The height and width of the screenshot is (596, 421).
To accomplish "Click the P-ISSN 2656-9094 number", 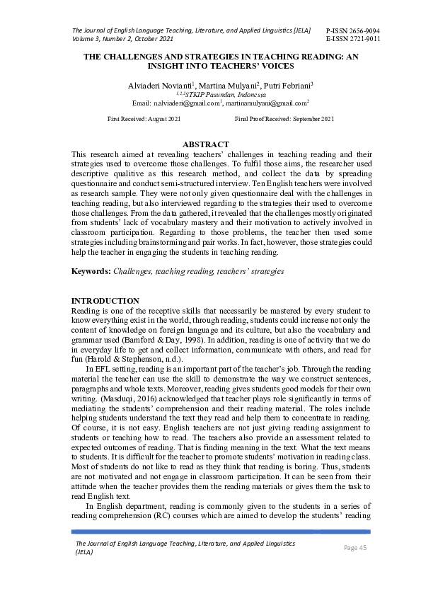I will point(352,31).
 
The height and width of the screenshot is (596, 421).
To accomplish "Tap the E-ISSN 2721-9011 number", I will point(352,40).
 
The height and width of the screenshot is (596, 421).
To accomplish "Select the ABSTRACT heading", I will point(206,144).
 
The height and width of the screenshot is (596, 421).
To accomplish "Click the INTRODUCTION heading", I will point(105,301).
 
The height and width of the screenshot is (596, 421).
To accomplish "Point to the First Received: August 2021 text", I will point(144,119).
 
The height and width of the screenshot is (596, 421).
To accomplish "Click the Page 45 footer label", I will point(355,547).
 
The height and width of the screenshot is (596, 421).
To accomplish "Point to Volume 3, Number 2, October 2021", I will point(122,40).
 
